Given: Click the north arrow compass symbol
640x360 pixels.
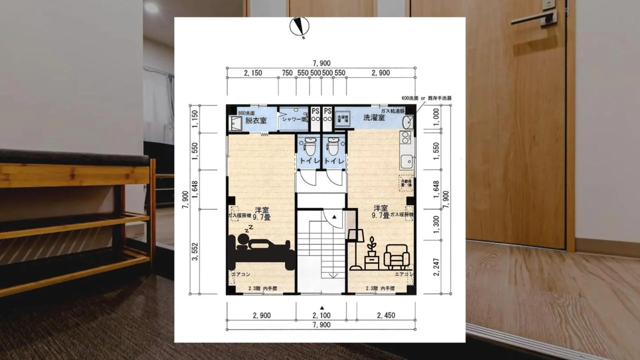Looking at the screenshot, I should pos(299,26).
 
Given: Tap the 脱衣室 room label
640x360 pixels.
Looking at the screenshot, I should pos(256,120).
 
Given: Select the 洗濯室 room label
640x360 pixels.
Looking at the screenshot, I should pos(374,117).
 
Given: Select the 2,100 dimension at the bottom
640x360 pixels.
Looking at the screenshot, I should pos(322,315).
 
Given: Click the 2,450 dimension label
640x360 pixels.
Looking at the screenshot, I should pos(386,315).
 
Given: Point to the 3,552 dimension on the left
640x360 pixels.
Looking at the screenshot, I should pos(195,252).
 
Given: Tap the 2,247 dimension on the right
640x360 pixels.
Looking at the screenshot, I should pos(436,267).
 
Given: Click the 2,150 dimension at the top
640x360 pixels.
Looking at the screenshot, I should pos(253,73).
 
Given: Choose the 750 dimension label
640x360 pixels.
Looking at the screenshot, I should pos(287,73).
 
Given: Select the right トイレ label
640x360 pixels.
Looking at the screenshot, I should pos(334,161).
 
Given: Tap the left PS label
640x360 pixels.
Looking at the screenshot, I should pos(315,111).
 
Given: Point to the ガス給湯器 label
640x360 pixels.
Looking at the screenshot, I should pos(393,111).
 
